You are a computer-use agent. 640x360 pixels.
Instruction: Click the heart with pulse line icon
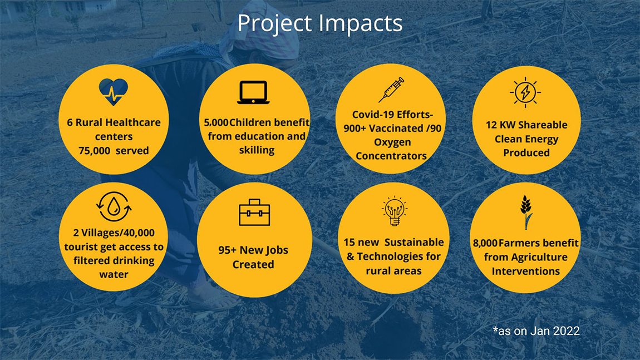114,92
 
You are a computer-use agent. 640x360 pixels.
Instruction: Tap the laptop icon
253,92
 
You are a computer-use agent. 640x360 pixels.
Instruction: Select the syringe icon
391,90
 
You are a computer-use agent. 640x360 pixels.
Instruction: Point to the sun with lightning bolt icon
525,92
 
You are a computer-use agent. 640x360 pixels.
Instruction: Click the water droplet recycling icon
114,206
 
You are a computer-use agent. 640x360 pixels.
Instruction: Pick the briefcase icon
254,212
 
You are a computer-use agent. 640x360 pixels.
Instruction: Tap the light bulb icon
394,211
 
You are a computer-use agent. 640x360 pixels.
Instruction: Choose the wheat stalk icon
526,212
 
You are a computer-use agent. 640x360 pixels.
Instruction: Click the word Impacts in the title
361,23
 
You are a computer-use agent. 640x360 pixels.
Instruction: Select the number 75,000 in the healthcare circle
94,151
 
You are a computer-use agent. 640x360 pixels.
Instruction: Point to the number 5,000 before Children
216,122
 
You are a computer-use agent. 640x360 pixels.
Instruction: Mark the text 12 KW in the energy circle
500,125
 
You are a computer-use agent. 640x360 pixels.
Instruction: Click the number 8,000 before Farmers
485,243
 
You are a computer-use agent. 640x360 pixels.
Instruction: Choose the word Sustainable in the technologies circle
414,243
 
